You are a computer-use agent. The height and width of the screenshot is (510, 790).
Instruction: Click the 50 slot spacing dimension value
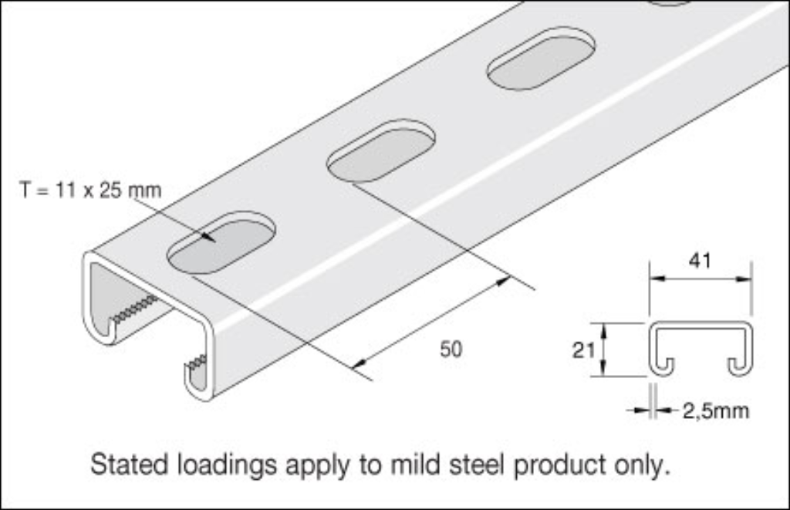451,350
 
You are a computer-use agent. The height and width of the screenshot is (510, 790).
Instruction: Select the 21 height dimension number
583,350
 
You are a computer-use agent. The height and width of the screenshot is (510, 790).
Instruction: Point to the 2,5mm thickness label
715,410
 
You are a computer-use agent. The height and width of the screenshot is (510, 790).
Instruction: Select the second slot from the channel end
381,151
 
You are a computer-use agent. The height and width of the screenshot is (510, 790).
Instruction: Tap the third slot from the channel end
542,59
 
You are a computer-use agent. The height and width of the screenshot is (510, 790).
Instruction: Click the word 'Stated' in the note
128,464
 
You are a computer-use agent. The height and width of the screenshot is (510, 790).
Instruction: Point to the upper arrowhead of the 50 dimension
503,282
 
